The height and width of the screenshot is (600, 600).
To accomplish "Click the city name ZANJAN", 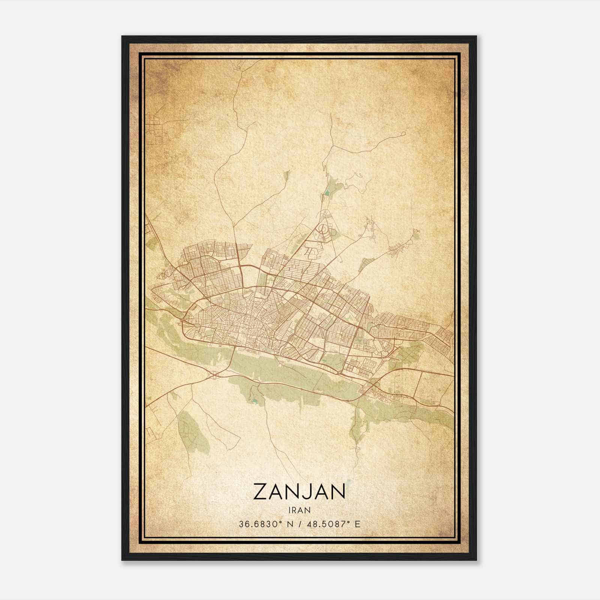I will tap(299, 492).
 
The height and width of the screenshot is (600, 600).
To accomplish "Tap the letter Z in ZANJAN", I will tap(261, 492).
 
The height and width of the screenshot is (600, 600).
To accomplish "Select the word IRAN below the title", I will tap(299, 510).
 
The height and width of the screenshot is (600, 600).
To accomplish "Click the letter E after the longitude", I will tap(357, 524).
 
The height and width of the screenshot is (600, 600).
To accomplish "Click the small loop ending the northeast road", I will tap(403, 133).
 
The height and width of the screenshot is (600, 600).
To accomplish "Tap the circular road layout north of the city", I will tap(322, 228).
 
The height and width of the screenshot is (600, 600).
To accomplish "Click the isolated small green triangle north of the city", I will tap(288, 174).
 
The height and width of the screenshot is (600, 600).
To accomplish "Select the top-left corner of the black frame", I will tap(122, 36).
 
